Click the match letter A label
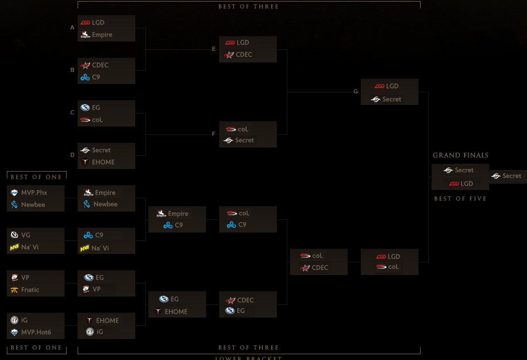pos(72,27)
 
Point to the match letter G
pos(356,91)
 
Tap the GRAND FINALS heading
pos(460,155)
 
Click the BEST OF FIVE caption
pos(460,199)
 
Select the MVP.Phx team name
pos(34,193)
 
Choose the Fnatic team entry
pos(30,290)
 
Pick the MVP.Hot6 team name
pos(36,332)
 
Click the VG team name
pos(26,235)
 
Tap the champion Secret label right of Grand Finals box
pos(511,176)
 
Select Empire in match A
pos(102,35)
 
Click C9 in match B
pos(96,77)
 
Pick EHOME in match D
pos(103,162)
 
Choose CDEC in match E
pos(244,55)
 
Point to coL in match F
pos(243,129)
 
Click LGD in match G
pos(392,86)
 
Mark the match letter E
pos(214,49)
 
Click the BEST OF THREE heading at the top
pos(249,6)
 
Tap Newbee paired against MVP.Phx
pos(33,205)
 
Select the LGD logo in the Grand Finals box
pos(454,184)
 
